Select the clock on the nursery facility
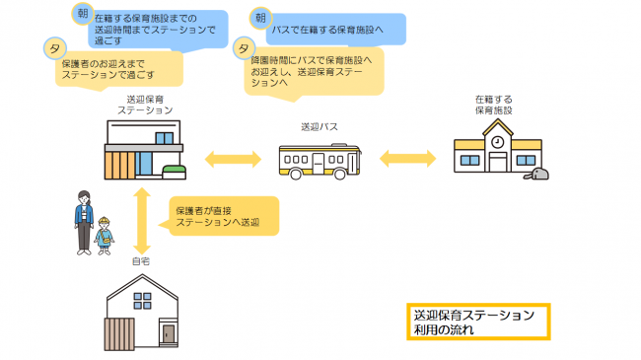coord(497,142)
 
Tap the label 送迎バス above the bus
coord(319,128)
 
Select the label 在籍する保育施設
coord(494,106)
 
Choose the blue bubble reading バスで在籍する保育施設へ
coord(325,30)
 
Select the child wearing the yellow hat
coord(104,235)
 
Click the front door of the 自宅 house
coord(168,335)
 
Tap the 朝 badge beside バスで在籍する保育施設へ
coord(259,18)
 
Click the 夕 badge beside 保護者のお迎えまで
coord(52,47)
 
